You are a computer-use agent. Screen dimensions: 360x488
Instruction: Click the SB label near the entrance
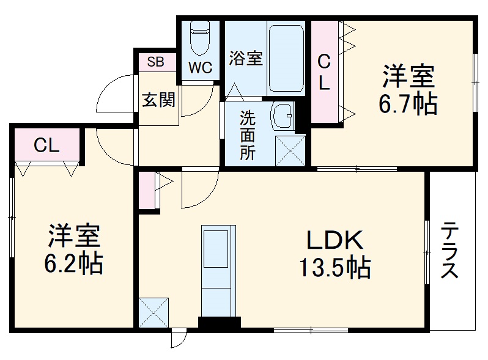pyautogui.click(x=155, y=61)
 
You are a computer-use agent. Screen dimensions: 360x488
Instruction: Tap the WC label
pyautogui.click(x=200, y=68)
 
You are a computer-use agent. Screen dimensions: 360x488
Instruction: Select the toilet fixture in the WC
pyautogui.click(x=200, y=39)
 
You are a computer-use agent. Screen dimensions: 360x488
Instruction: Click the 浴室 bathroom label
pyautogui.click(x=246, y=58)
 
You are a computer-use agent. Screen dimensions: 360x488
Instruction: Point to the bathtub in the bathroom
pyautogui.click(x=286, y=58)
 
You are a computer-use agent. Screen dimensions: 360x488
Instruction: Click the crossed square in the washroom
pyautogui.click(x=290, y=150)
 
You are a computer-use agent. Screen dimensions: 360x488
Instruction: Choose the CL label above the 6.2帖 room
pyautogui.click(x=46, y=145)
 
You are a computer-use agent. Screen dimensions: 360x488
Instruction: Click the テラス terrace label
pyautogui.click(x=450, y=251)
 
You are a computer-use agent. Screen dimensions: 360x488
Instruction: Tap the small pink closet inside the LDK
pyautogui.click(x=147, y=190)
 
